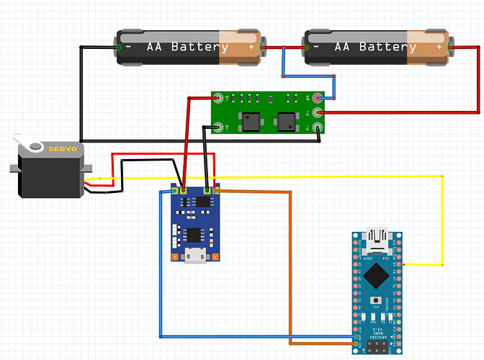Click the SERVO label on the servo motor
(60, 148)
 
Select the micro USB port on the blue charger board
(194, 256)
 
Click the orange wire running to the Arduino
(290, 266)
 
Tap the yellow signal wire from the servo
(288, 176)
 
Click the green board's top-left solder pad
(217, 96)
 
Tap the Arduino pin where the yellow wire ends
(397, 266)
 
